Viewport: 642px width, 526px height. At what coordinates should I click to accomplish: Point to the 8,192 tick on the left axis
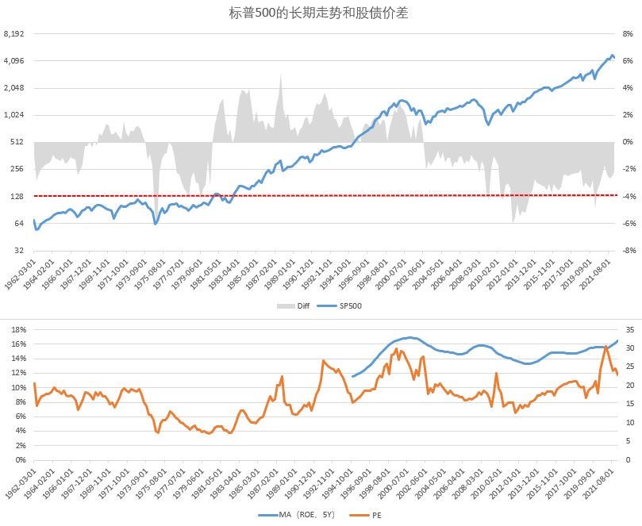[x=14, y=34]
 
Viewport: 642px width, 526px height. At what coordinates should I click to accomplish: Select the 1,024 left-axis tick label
[x=14, y=115]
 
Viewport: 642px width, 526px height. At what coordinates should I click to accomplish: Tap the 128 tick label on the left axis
[x=17, y=196]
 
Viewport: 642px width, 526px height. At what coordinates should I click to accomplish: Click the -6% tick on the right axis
[x=626, y=223]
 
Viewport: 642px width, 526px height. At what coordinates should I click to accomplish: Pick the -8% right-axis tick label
[x=626, y=250]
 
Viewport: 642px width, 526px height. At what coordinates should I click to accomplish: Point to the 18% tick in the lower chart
[x=18, y=329]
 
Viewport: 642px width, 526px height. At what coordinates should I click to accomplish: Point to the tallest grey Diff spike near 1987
[x=280, y=76]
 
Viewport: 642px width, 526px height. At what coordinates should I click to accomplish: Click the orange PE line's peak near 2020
[x=605, y=347]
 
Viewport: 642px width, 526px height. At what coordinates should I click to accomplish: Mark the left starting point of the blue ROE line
[x=352, y=376]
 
